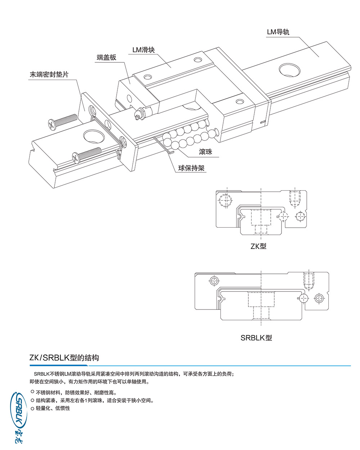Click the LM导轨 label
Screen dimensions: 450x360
click(278, 32)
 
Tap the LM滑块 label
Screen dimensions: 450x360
click(143, 50)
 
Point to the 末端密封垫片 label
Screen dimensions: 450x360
click(49, 75)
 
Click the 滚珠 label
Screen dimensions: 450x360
click(205, 152)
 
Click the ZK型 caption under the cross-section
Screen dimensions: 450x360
click(258, 246)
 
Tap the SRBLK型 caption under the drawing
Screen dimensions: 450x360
click(256, 338)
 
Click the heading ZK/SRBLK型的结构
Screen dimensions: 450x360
click(64, 358)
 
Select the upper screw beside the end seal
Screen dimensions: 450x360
click(62, 121)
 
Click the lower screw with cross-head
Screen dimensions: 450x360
click(86, 154)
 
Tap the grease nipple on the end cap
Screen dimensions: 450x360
click(138, 114)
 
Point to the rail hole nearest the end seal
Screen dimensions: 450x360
click(93, 137)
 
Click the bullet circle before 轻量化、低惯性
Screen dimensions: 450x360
click(32, 408)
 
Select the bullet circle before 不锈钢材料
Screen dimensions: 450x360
click(32, 392)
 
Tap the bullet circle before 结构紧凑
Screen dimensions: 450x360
click(32, 400)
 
